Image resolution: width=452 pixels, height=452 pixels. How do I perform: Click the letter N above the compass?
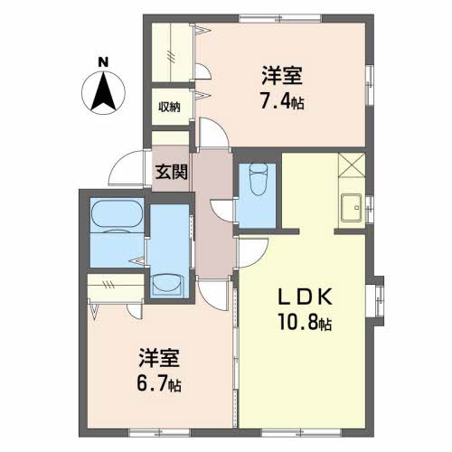[x=103, y=62]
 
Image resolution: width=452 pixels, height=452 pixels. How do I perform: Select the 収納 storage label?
[x=169, y=107]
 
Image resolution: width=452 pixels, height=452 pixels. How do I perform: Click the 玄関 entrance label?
[x=171, y=172]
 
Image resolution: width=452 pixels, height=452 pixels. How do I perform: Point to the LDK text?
[x=305, y=297]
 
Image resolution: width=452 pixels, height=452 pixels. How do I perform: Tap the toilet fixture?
[x=259, y=179]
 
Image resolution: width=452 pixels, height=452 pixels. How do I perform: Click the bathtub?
[x=117, y=214]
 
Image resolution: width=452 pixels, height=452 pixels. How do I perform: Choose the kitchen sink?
[x=351, y=208]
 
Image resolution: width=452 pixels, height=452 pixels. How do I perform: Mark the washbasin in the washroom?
[x=167, y=284]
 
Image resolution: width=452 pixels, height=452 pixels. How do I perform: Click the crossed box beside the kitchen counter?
[x=352, y=165]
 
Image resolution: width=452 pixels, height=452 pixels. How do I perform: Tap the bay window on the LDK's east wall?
[x=377, y=300]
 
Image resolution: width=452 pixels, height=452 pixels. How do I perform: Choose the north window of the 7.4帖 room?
[x=280, y=18]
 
